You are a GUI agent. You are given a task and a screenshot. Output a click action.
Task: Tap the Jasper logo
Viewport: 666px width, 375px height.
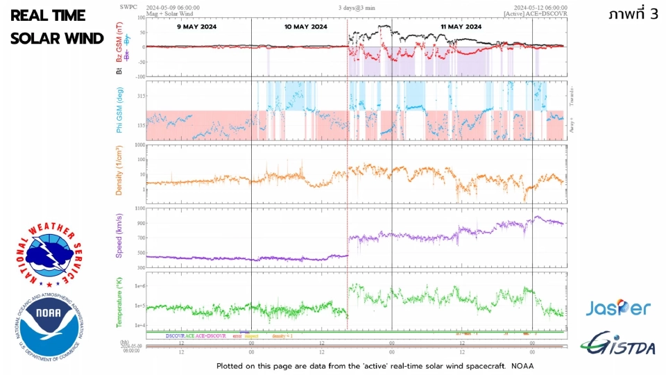(x=617, y=308)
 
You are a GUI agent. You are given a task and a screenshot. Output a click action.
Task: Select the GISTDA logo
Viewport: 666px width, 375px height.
(x=618, y=341)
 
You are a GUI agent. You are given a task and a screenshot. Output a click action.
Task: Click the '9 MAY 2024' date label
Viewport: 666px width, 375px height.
(x=198, y=26)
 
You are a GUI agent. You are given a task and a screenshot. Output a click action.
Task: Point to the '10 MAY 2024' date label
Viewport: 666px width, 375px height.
(x=306, y=26)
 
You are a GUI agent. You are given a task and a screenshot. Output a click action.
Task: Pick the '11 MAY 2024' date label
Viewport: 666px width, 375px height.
(x=461, y=26)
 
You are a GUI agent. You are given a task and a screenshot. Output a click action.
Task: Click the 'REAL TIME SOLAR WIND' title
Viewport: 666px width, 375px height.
(x=57, y=27)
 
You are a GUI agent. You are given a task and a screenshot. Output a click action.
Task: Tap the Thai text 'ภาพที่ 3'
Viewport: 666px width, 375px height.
(x=631, y=15)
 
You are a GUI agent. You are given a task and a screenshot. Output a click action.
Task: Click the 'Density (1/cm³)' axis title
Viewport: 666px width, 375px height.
(x=119, y=171)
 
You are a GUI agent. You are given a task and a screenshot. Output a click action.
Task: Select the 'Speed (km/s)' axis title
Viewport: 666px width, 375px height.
(x=119, y=237)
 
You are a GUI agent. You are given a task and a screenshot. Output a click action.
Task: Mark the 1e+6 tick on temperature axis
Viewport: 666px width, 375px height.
(x=138, y=286)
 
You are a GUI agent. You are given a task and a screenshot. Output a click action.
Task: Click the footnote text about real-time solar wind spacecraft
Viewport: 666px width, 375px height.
(x=375, y=365)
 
